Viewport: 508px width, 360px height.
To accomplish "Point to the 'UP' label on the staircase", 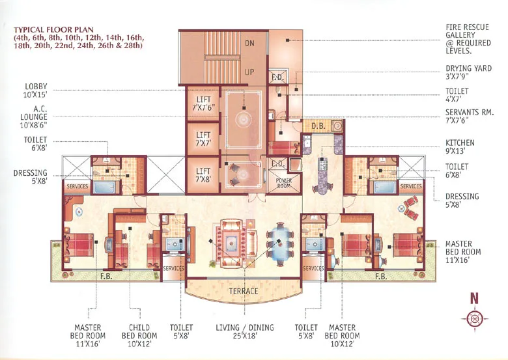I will (249, 73).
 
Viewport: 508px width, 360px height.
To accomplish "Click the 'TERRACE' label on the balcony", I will (242, 291).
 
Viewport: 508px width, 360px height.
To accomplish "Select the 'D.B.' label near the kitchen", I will (318, 126).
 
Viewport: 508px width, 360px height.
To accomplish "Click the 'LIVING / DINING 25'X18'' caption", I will (245, 333).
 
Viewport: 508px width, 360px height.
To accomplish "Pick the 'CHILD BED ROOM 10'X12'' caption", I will (139, 333).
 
